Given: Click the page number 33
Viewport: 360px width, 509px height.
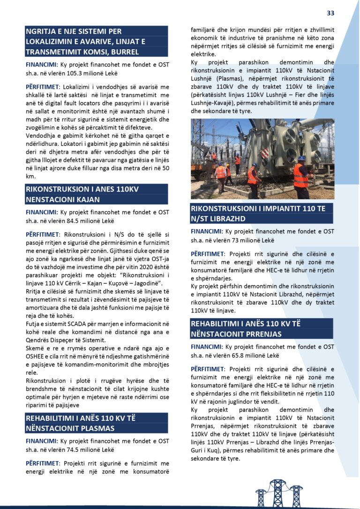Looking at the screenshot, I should coord(330,13).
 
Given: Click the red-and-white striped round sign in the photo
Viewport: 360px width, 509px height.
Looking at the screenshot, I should coord(264,153).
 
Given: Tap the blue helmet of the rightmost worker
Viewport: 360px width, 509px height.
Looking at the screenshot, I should coord(301,159).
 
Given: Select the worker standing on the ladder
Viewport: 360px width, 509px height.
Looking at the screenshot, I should coord(238,164).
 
